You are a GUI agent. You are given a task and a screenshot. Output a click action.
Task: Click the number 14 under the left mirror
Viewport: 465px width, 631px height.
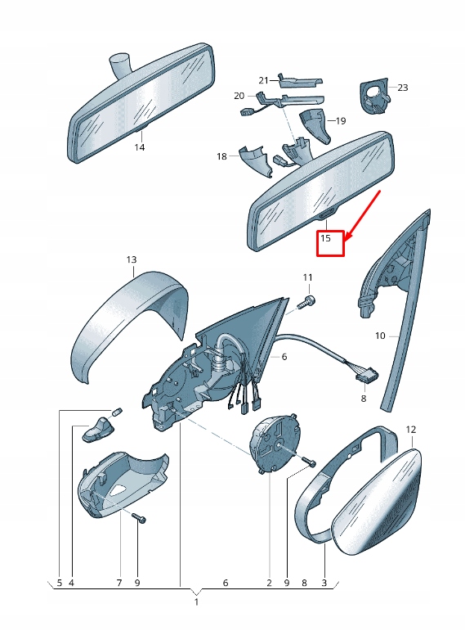139,147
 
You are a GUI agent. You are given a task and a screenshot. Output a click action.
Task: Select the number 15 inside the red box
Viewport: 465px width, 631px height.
325,239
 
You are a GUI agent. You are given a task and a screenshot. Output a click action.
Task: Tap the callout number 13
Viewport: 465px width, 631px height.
132,260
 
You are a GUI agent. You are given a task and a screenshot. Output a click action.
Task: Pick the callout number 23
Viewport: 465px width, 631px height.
402,87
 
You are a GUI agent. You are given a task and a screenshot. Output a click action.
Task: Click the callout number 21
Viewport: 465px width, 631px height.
263,79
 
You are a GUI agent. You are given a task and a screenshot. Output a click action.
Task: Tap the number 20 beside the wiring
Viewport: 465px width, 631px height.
239,96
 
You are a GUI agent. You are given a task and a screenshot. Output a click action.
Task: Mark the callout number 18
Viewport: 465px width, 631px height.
221,156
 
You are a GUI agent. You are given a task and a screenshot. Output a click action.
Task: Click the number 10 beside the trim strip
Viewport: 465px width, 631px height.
380,336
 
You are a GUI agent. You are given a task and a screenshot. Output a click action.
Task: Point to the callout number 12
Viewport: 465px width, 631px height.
411,429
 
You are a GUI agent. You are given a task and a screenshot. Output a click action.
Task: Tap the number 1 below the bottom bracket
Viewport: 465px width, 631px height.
196,602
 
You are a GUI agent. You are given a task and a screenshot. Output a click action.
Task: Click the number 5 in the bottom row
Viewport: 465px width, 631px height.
58,583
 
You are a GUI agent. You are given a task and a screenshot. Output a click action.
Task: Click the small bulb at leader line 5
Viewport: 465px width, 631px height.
115,410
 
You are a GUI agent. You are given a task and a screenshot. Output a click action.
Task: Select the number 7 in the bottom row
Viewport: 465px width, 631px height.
118,583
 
